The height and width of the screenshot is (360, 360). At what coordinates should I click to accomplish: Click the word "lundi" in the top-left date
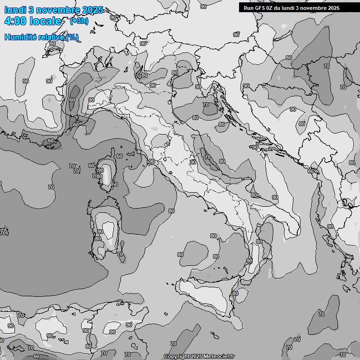[15, 10]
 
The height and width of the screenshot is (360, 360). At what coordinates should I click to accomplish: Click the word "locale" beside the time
[45, 22]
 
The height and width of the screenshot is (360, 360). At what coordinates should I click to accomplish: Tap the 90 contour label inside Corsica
[100, 171]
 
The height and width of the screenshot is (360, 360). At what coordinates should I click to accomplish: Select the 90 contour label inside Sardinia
[100, 232]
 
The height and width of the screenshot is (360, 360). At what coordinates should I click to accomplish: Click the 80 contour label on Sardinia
[97, 239]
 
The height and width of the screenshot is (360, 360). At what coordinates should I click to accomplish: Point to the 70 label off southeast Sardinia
[120, 255]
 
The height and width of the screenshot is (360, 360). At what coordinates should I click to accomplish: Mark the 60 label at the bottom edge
[37, 356]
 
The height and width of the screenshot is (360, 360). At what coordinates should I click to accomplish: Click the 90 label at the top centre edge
[203, 7]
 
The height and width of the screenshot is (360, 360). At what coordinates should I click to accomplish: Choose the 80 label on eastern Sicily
[235, 293]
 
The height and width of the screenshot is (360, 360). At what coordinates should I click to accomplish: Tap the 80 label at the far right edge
[352, 163]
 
